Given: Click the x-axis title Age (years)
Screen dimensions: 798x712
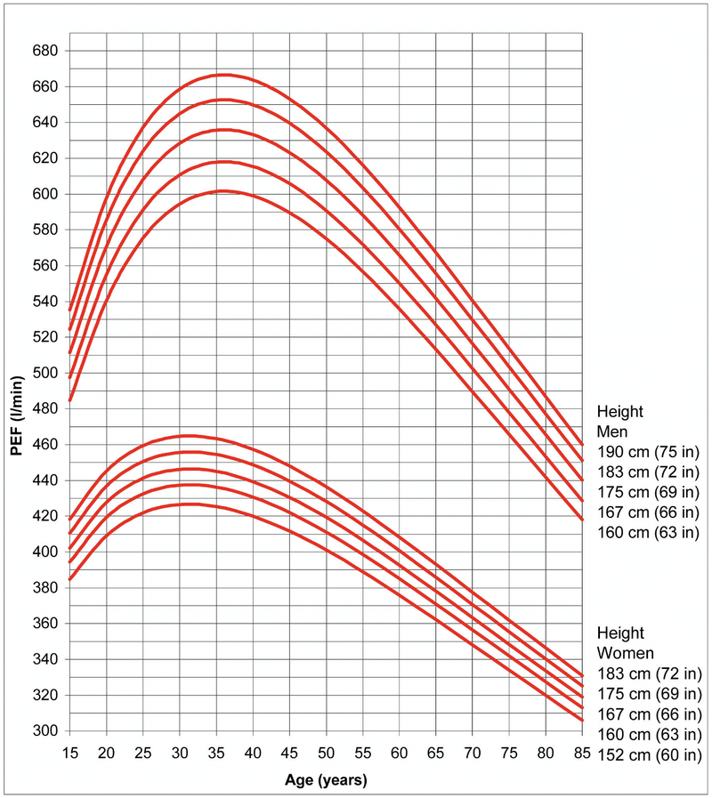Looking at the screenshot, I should tap(325, 780).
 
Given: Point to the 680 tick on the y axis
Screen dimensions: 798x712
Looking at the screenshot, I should tap(44, 51).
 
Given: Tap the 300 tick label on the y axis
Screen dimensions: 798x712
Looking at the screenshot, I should tap(44, 731).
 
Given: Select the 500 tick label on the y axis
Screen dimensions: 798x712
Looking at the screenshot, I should tap(44, 373).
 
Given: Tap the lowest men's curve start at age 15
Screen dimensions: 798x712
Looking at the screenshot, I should tap(70, 400).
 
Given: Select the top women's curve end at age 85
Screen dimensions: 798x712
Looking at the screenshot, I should tap(581, 676).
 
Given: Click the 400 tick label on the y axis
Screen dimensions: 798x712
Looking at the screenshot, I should tap(44, 552).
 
